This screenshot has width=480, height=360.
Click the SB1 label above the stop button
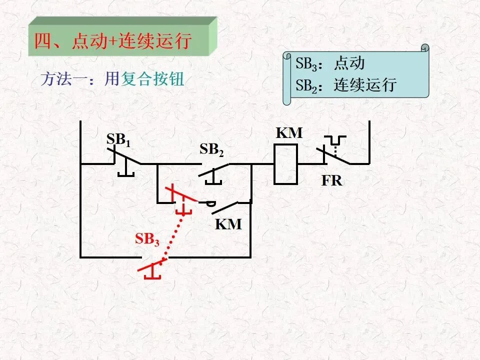point(118,140)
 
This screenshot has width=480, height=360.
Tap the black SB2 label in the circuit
point(211,149)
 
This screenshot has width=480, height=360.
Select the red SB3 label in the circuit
point(147,239)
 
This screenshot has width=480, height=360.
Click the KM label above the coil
point(289,133)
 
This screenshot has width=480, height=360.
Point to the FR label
point(332,180)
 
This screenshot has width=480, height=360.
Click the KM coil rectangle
point(285,164)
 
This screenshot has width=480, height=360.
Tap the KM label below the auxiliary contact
point(228,224)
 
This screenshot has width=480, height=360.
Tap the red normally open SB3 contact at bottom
point(152,268)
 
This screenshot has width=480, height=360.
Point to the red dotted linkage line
point(174,235)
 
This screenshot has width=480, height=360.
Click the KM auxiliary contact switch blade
point(225,207)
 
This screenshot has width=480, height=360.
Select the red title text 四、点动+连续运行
point(113,40)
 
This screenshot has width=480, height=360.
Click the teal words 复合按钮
point(152,79)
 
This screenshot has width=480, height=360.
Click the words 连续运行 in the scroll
point(365,85)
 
